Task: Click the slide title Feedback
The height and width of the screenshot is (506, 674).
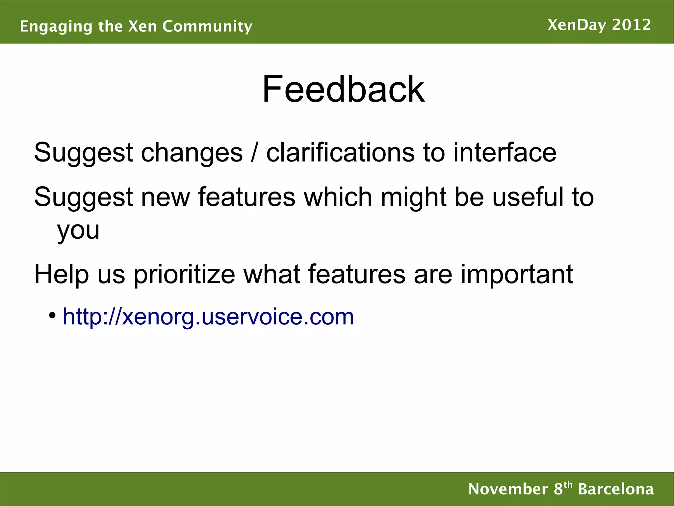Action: tap(343, 89)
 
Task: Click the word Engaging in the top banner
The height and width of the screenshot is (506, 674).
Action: tap(56, 26)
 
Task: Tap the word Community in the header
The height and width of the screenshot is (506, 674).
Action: tap(207, 26)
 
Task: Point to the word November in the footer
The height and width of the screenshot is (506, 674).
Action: tap(508, 489)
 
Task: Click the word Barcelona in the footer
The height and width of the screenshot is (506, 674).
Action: tap(616, 489)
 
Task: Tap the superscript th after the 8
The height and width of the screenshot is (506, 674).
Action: tap(568, 485)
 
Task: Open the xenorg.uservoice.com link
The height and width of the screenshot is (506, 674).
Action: tap(208, 317)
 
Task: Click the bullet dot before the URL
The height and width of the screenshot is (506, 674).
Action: tap(52, 315)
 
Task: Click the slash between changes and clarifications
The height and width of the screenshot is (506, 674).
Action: tap(254, 153)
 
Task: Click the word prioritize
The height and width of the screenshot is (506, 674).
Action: tap(184, 274)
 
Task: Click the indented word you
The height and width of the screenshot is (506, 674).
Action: tap(78, 230)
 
